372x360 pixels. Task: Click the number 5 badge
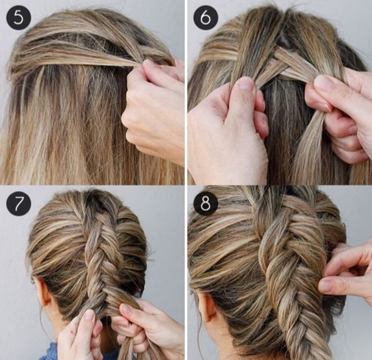click(x=18, y=18)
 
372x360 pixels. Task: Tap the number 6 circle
click(x=205, y=18)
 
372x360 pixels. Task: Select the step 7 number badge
click(x=18, y=203)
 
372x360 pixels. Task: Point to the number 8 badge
click(x=205, y=203)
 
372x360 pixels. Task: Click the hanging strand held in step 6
click(x=308, y=147)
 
